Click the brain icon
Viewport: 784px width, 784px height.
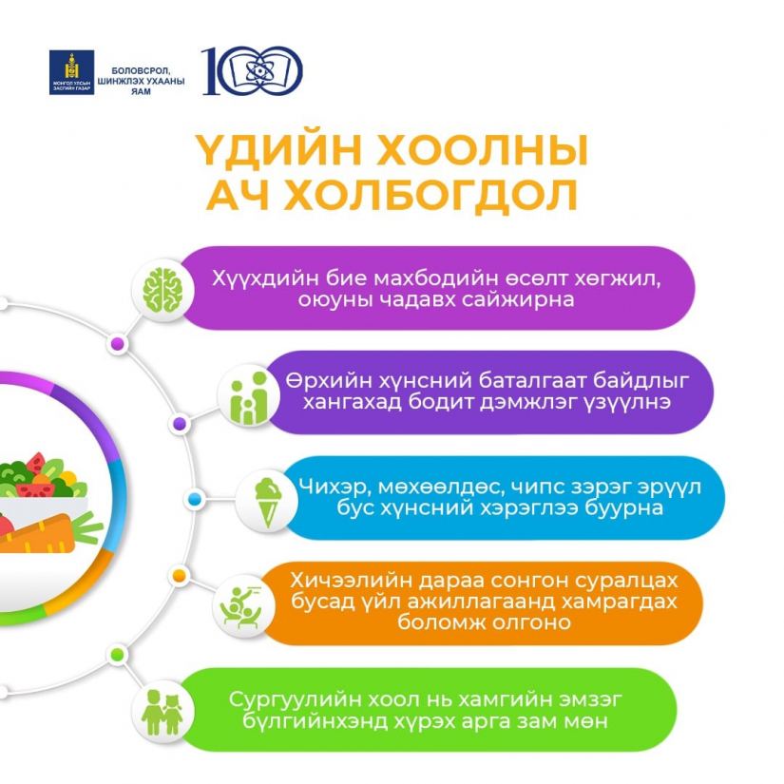coord(162,290)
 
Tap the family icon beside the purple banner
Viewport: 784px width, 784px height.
coord(248,398)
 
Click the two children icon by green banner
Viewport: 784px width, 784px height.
coord(162,712)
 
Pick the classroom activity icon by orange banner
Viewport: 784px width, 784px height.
coord(242,607)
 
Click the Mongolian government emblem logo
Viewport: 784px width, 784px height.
coord(71,72)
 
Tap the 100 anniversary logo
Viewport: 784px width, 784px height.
coord(252,70)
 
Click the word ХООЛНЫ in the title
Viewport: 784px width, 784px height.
coord(482,150)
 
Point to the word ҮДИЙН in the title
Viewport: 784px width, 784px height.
coord(278,150)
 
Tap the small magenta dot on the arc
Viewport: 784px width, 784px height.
coord(118,343)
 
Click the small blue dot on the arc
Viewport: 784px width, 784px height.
coord(194,499)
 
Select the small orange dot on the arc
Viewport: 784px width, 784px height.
coord(179,576)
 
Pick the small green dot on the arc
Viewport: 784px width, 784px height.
coord(117,655)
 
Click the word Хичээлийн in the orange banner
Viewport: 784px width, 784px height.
coord(351,581)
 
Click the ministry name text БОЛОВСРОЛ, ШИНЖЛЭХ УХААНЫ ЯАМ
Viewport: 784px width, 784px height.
coord(141,81)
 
